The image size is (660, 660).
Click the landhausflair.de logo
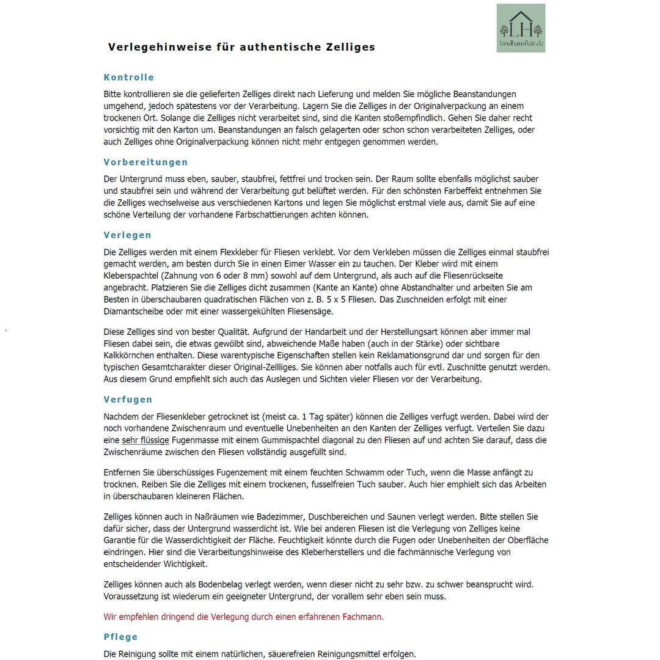521,28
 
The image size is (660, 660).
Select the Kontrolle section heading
129,78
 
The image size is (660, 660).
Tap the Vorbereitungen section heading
145,163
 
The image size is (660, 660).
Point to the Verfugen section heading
128,400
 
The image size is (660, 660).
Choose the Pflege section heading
120,637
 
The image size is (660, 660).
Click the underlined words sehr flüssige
145,440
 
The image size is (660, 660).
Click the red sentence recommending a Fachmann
244,617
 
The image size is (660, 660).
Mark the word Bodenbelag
226,584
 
